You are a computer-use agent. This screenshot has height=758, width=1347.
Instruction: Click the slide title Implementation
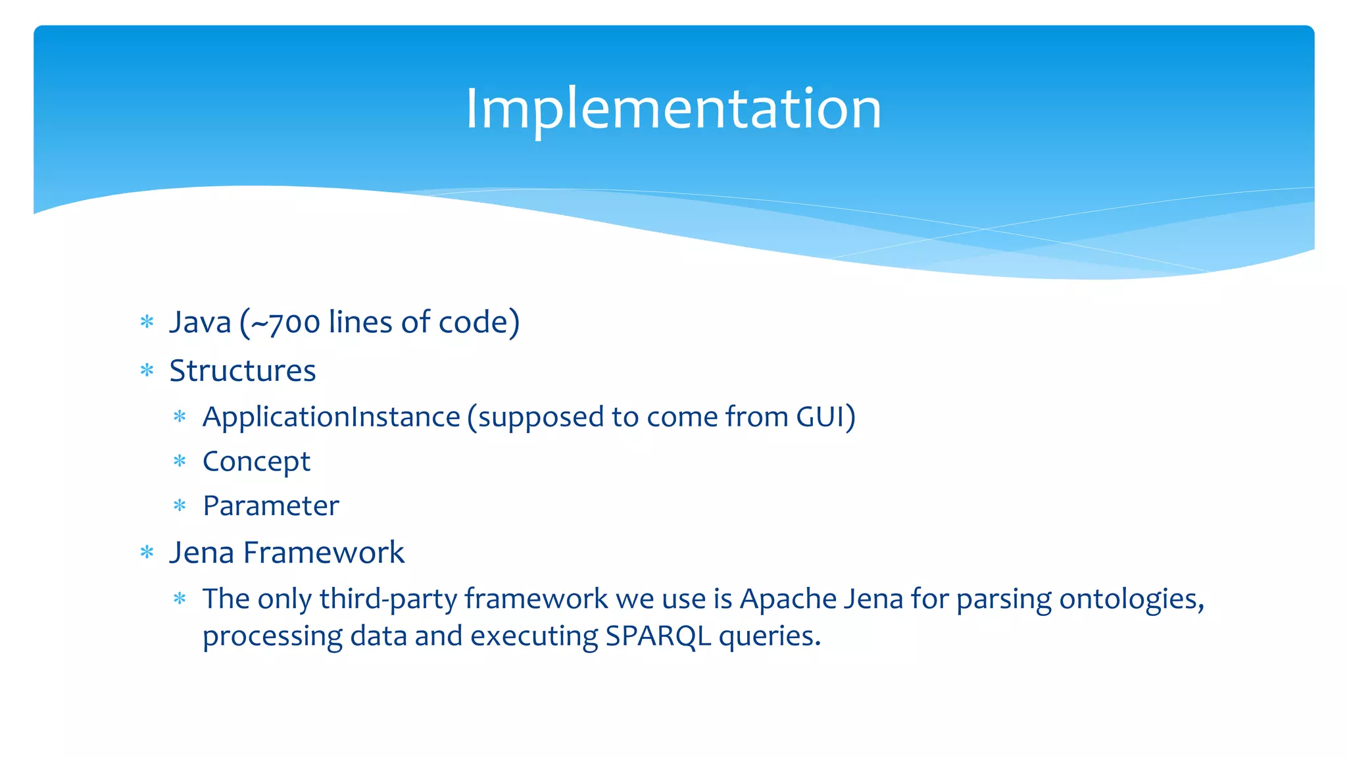tap(673, 109)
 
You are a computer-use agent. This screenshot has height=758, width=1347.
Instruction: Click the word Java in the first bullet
tap(201, 322)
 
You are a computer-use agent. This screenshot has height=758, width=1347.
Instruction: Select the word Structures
tap(243, 370)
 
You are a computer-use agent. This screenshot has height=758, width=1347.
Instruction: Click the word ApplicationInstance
tap(331, 417)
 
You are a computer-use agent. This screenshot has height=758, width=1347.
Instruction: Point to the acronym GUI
tap(820, 417)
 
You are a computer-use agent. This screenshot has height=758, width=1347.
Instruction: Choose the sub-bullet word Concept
tap(257, 462)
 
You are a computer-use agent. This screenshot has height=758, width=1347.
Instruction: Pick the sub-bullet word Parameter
tap(271, 506)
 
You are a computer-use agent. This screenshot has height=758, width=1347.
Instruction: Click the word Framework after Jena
tap(324, 552)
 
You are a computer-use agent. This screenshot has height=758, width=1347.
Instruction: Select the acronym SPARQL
tap(658, 636)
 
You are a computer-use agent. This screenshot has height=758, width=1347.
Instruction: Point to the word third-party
tap(388, 599)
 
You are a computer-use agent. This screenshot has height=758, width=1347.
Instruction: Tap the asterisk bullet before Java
tap(147, 322)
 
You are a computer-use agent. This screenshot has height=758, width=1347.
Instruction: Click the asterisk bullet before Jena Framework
tap(147, 552)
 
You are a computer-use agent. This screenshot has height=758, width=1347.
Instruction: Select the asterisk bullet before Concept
tap(180, 461)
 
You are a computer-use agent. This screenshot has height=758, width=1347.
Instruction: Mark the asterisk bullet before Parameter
tap(180, 505)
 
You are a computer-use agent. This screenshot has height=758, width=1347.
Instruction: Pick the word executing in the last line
tap(533, 636)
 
